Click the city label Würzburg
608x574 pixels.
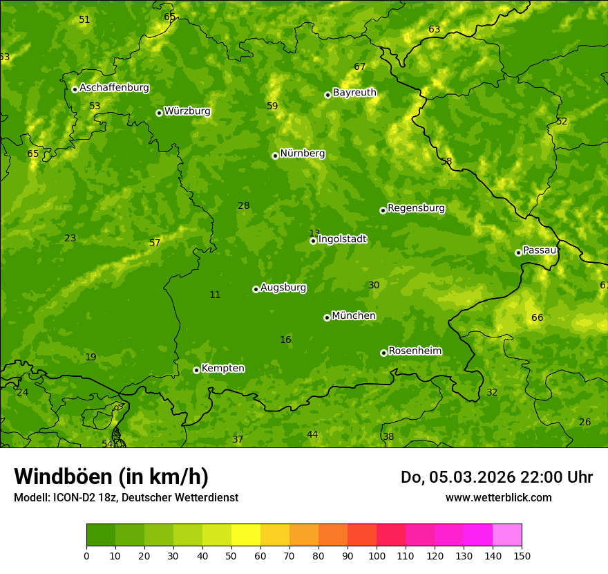[x=187, y=111]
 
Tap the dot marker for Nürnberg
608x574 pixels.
[x=275, y=156]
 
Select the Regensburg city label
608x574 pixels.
[x=416, y=208]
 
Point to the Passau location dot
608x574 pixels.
[x=518, y=252]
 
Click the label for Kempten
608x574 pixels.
[x=222, y=369]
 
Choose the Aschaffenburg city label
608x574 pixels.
[x=114, y=88]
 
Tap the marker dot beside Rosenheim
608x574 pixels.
[x=383, y=353]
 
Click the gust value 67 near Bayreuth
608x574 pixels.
[x=359, y=67]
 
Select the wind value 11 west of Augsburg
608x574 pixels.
[x=215, y=295]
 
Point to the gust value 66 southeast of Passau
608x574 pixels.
[x=537, y=318]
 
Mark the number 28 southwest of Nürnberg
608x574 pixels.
[x=243, y=206]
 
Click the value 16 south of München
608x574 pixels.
[x=285, y=340]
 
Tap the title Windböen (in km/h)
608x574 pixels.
[x=111, y=476]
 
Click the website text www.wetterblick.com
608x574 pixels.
[x=498, y=497]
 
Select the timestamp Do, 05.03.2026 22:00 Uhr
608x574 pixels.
[x=496, y=477]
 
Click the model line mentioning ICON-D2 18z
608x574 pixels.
[x=126, y=497]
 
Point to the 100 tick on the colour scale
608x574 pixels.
[x=377, y=555]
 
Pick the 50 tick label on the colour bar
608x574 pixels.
[x=231, y=555]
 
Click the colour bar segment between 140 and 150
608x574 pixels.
[x=507, y=535]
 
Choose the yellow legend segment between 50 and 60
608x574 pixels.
[x=246, y=535]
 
